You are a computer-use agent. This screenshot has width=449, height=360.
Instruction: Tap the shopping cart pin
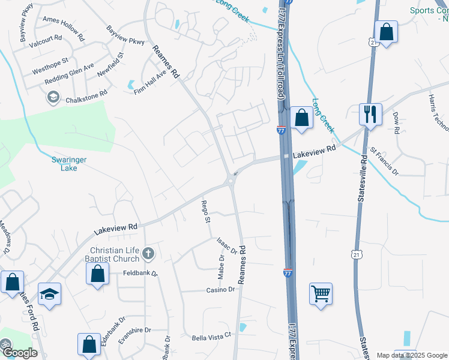point(321,294)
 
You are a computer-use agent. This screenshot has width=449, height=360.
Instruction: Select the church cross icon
point(149,255)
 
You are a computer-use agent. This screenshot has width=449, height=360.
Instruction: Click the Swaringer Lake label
point(68,164)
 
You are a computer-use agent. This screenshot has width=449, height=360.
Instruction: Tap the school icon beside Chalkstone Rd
point(53,97)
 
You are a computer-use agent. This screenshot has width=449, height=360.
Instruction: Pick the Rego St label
point(205,212)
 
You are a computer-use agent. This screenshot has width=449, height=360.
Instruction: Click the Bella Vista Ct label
point(211,336)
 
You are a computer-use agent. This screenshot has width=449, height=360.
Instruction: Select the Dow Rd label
point(397,122)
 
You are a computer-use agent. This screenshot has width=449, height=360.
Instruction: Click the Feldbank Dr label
point(137,273)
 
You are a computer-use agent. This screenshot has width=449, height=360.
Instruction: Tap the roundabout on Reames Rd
point(231,181)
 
